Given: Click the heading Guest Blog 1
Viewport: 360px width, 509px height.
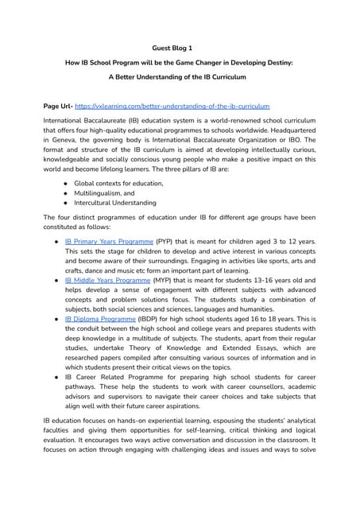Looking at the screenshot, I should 180,47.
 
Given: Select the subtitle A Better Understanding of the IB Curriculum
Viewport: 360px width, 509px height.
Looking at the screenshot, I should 180,77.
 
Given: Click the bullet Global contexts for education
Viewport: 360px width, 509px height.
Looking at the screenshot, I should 118,183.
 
